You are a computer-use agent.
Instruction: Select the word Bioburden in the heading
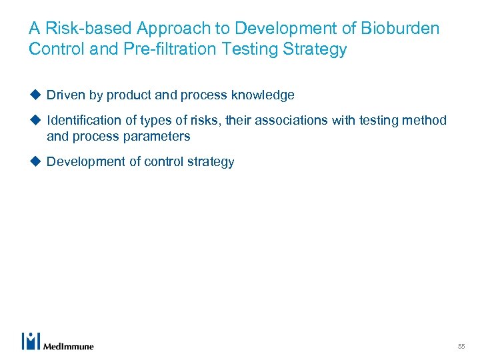[x=401, y=29]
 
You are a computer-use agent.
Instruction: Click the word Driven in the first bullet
[x=65, y=95]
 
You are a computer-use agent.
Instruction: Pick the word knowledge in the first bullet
[x=263, y=95]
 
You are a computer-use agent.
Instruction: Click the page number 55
[x=461, y=347]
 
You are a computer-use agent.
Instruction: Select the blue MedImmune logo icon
[x=31, y=341]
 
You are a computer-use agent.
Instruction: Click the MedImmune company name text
[x=68, y=346]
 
